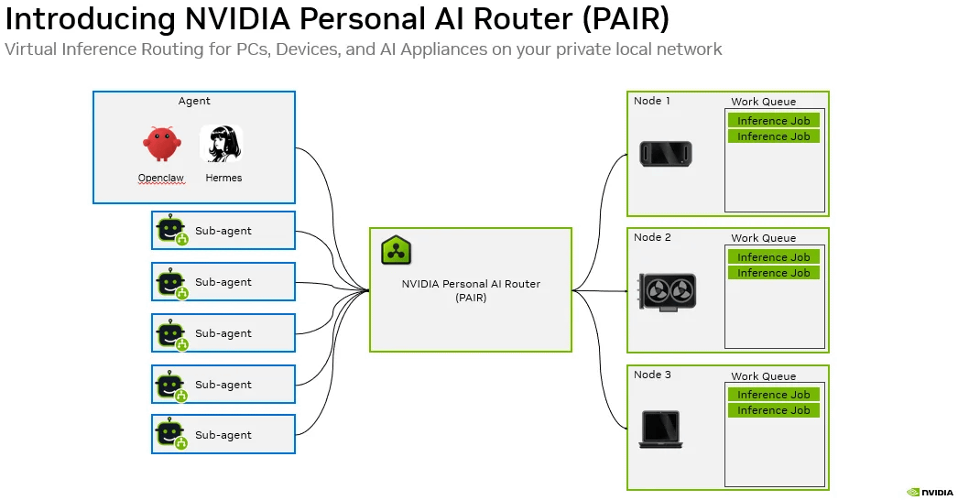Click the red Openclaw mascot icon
click(x=161, y=144)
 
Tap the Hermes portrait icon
click(x=221, y=144)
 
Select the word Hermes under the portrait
click(x=223, y=178)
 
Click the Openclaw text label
click(x=160, y=178)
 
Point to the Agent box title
click(x=194, y=101)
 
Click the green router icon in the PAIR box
click(x=396, y=250)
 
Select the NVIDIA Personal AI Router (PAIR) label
click(x=471, y=290)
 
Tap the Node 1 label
click(x=652, y=101)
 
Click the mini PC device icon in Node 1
click(x=666, y=154)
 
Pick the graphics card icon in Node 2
click(x=667, y=291)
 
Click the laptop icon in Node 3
click(x=660, y=429)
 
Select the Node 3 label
click(x=652, y=375)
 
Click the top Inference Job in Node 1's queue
click(x=774, y=120)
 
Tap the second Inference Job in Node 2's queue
click(x=774, y=273)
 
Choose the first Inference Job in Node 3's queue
click(x=774, y=395)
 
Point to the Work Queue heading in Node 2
click(x=764, y=238)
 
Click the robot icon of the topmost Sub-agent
click(x=171, y=230)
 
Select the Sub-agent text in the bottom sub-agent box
click(x=223, y=435)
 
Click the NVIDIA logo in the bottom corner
click(x=930, y=492)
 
